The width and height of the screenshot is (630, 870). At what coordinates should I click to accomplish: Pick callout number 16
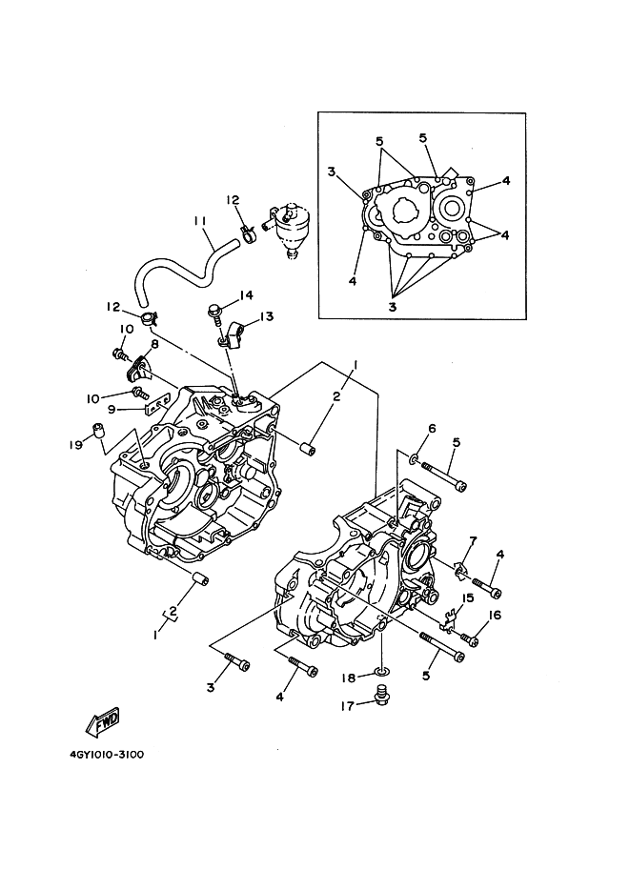(495, 616)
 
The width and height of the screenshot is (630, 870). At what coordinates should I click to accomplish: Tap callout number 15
(468, 597)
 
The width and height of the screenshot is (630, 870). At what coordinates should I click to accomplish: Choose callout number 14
(248, 294)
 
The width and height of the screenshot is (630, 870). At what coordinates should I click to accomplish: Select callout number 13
(266, 315)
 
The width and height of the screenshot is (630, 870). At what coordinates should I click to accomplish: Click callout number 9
(112, 409)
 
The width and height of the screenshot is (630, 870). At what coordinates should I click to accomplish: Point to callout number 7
(473, 540)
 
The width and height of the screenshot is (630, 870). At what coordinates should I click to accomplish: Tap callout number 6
(431, 429)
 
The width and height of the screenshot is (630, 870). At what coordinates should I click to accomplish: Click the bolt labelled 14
(215, 309)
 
